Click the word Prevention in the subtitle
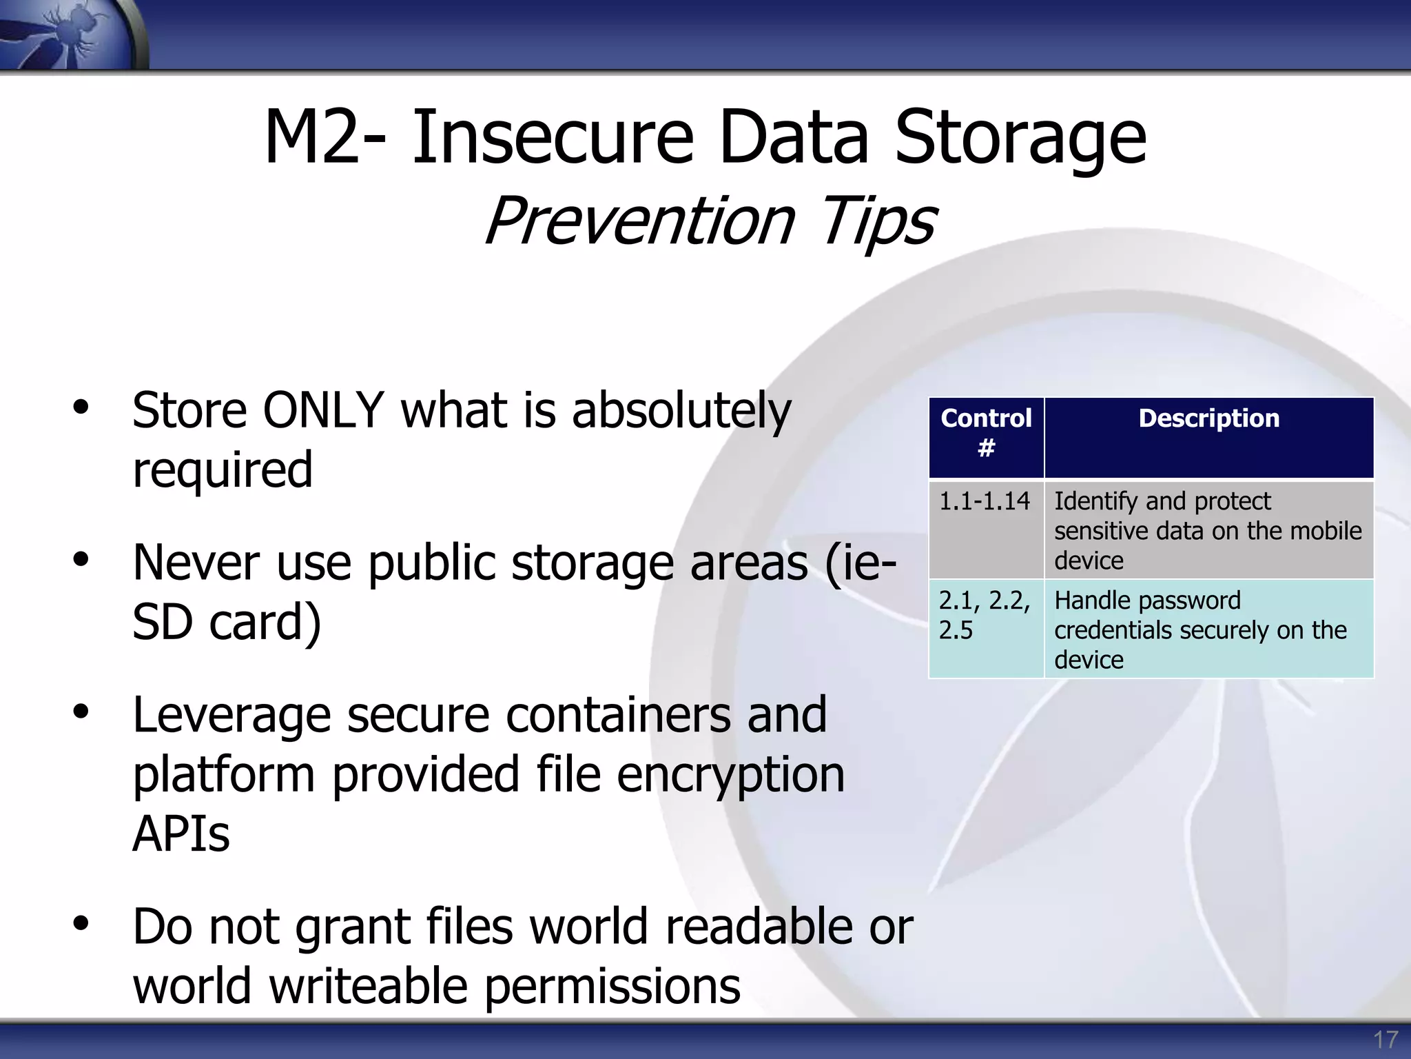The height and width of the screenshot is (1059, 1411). (641, 221)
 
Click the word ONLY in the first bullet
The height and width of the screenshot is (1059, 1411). (323, 411)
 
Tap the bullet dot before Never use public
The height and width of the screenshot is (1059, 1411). (81, 559)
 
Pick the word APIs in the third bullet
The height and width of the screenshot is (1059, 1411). (181, 835)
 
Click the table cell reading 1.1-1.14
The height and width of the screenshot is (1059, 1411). (985, 529)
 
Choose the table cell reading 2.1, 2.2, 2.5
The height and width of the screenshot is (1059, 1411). (985, 628)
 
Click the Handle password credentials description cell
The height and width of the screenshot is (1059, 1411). (1208, 629)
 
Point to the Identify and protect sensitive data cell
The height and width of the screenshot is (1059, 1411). (1208, 530)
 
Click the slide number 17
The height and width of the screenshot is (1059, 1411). (1386, 1039)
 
